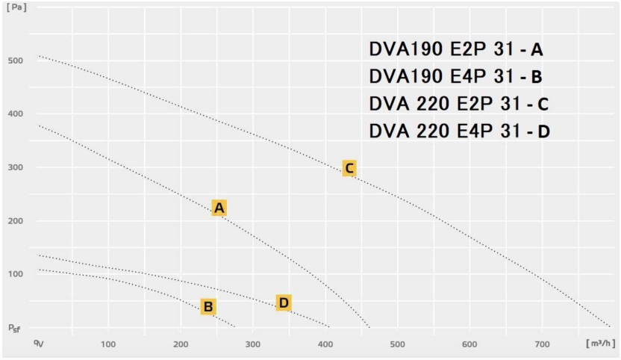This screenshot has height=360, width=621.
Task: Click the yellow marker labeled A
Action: tap(219, 208)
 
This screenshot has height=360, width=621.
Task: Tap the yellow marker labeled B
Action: tap(208, 306)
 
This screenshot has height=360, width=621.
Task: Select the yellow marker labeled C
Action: tap(349, 168)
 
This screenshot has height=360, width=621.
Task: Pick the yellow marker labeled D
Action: tap(283, 302)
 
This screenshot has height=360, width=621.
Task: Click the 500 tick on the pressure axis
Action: tap(15, 60)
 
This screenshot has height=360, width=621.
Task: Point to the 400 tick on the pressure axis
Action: tap(15, 114)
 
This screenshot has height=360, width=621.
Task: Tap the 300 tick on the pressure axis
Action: tap(15, 168)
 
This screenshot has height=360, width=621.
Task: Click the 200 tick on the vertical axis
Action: tap(15, 221)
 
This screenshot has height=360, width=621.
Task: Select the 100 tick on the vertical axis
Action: tap(15, 274)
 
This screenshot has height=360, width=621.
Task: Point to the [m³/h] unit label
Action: tap(600, 343)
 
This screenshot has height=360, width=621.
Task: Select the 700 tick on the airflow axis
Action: tap(542, 344)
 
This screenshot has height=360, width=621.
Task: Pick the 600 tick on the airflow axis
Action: tap(469, 344)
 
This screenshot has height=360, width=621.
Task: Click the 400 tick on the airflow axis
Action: tap(325, 344)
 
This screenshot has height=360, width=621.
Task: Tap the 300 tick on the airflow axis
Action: tap(252, 344)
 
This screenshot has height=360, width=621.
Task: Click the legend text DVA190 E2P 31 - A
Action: tap(456, 50)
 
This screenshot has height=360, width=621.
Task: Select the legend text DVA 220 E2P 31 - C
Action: tap(459, 103)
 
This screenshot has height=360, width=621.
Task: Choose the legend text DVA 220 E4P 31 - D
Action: tap(459, 131)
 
